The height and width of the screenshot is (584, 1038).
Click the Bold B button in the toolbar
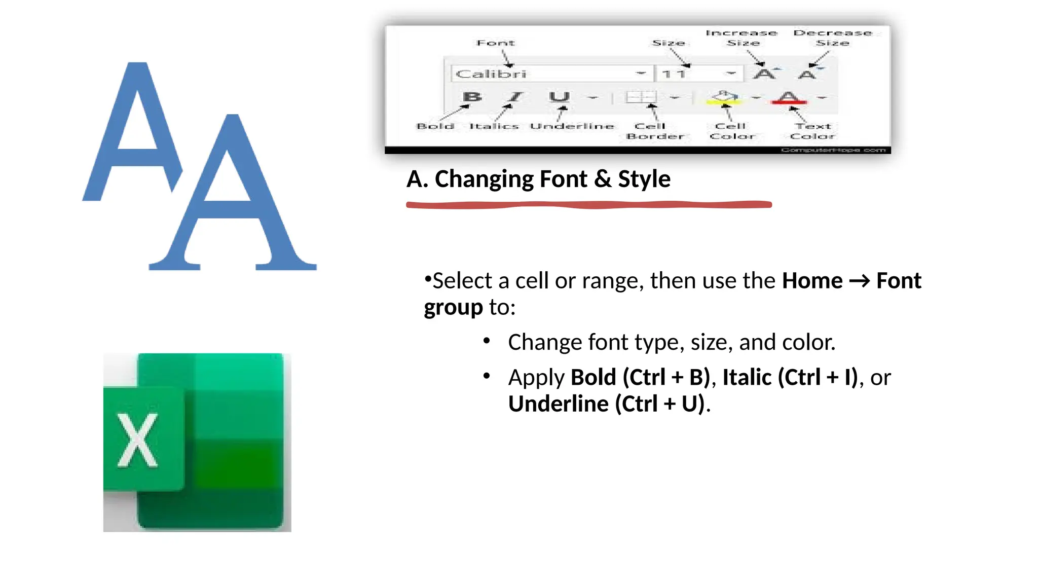[x=472, y=96]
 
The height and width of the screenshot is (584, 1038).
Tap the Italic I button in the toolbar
[x=515, y=96]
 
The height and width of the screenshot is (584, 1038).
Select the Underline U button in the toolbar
[x=559, y=96]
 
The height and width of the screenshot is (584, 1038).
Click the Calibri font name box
[x=542, y=74]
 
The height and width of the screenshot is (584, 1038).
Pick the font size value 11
[x=674, y=74]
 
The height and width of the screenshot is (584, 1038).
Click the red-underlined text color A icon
[x=789, y=97]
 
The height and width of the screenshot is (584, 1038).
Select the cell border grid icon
[x=641, y=97]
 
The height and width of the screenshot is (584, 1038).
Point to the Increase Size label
[x=742, y=38]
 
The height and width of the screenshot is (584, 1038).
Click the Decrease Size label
[x=833, y=38]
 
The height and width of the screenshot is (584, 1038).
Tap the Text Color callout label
[x=812, y=131]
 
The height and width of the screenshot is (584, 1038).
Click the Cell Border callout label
[x=654, y=131]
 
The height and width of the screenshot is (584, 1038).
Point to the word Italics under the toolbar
[x=494, y=126]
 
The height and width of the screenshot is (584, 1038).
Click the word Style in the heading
[x=644, y=179]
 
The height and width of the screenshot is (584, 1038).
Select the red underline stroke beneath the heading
[x=588, y=205]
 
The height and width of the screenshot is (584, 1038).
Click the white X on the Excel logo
[x=137, y=440]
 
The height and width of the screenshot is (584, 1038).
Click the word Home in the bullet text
[x=812, y=281]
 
